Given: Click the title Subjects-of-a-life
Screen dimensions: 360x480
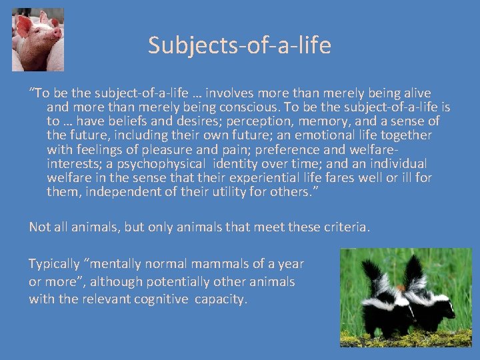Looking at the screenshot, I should coord(239,46).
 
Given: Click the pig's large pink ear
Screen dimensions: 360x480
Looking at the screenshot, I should coord(25,27).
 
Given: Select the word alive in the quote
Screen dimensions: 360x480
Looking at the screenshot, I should coord(415,93).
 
